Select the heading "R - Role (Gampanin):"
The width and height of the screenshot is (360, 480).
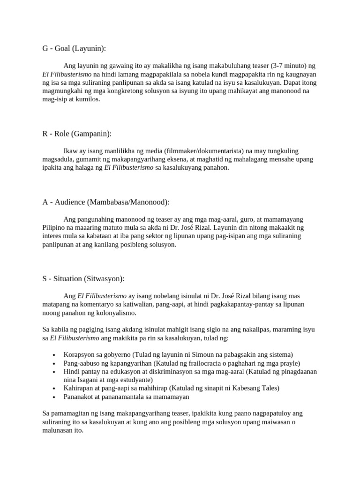pyautogui.click(x=77, y=134)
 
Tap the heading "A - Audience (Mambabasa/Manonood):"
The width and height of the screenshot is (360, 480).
pyautogui.click(x=105, y=202)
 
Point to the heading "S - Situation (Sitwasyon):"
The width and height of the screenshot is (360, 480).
pyautogui.click(x=83, y=278)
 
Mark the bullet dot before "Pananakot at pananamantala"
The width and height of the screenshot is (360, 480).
pyautogui.click(x=55, y=397)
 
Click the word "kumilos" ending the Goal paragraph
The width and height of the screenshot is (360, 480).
pyautogui.click(x=89, y=99)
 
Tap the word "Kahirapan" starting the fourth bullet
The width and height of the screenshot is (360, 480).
pyautogui.click(x=78, y=388)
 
